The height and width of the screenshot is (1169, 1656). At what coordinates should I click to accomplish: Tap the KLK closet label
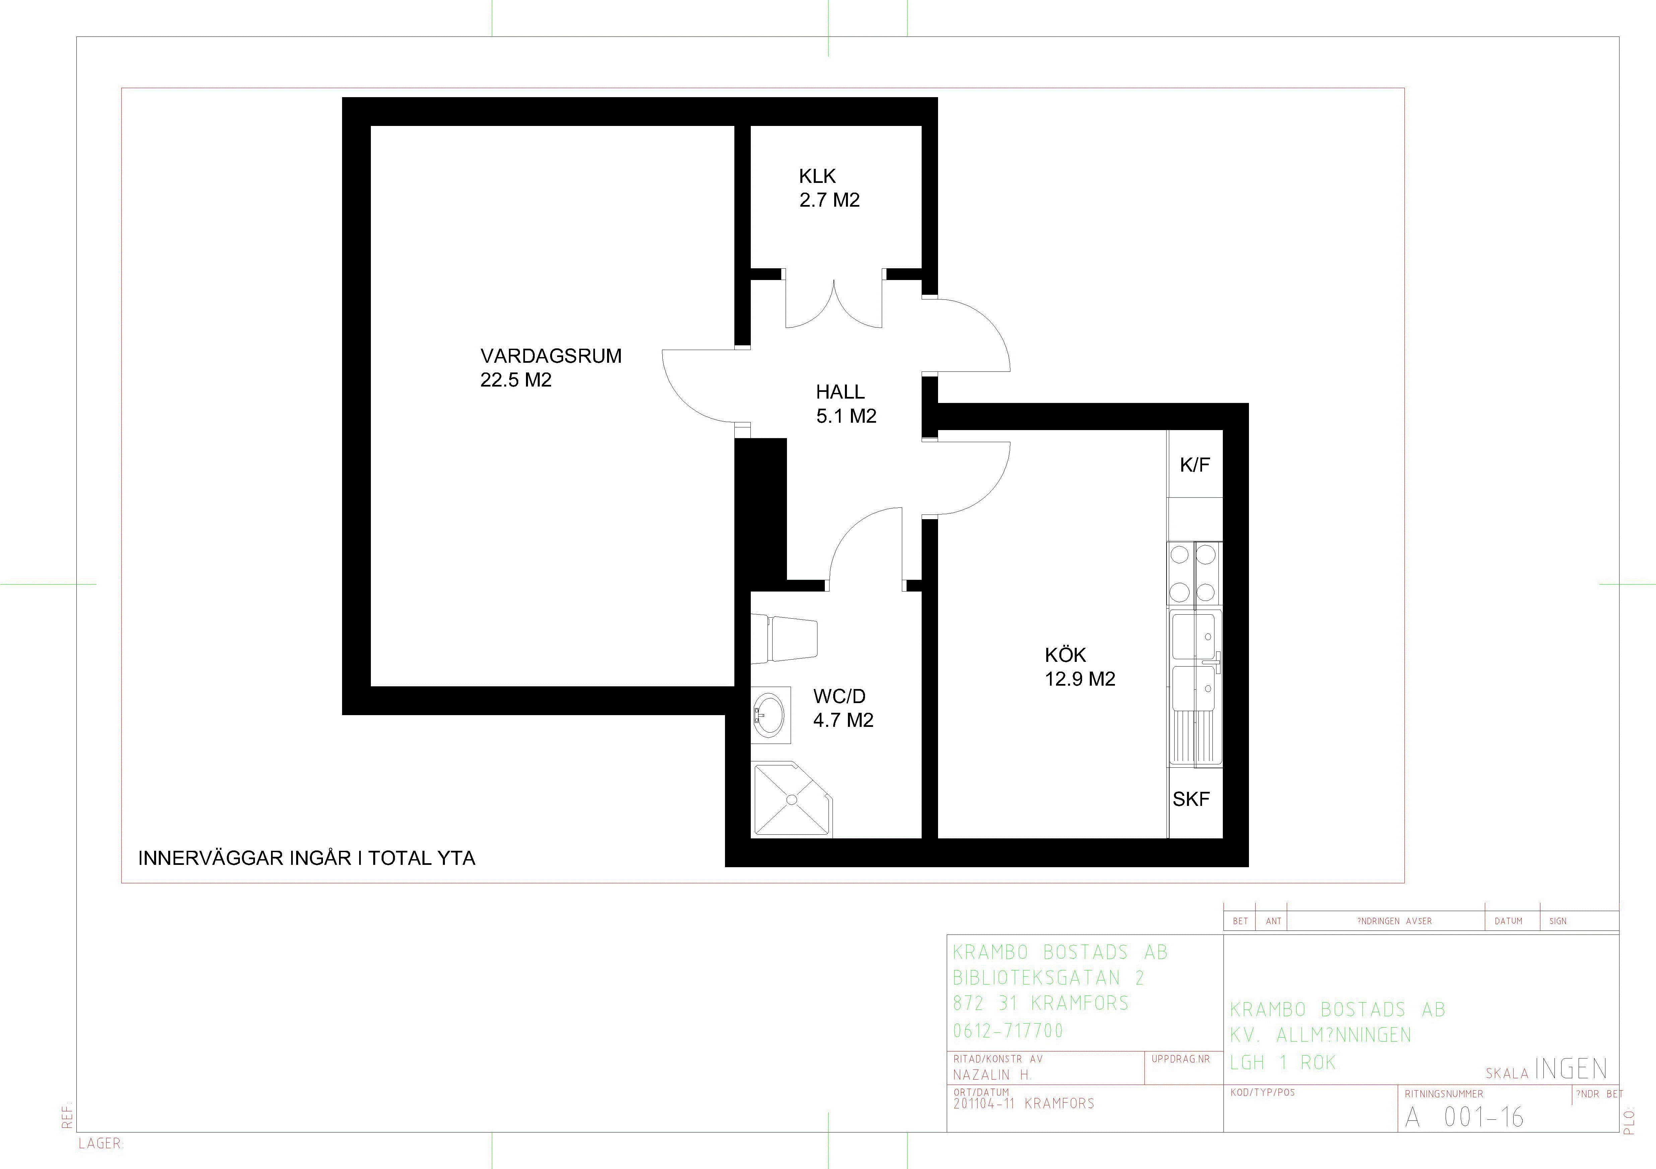(817, 176)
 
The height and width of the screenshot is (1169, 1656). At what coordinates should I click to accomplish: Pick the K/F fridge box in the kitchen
(1195, 464)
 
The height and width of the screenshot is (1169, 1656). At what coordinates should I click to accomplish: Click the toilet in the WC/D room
(784, 638)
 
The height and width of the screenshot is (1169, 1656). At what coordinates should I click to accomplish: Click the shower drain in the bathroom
(792, 800)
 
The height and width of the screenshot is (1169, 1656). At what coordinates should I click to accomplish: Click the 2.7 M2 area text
(830, 200)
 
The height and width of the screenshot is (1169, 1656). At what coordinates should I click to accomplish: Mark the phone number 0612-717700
(1008, 1031)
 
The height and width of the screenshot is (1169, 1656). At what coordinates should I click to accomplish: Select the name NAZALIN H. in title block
(992, 1075)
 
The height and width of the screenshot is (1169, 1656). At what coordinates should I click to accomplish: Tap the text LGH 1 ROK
(1283, 1062)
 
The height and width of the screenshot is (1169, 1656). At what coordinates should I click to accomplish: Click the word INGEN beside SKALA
(1571, 1069)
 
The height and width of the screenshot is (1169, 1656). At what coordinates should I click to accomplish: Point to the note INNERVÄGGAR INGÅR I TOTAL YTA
(307, 858)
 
